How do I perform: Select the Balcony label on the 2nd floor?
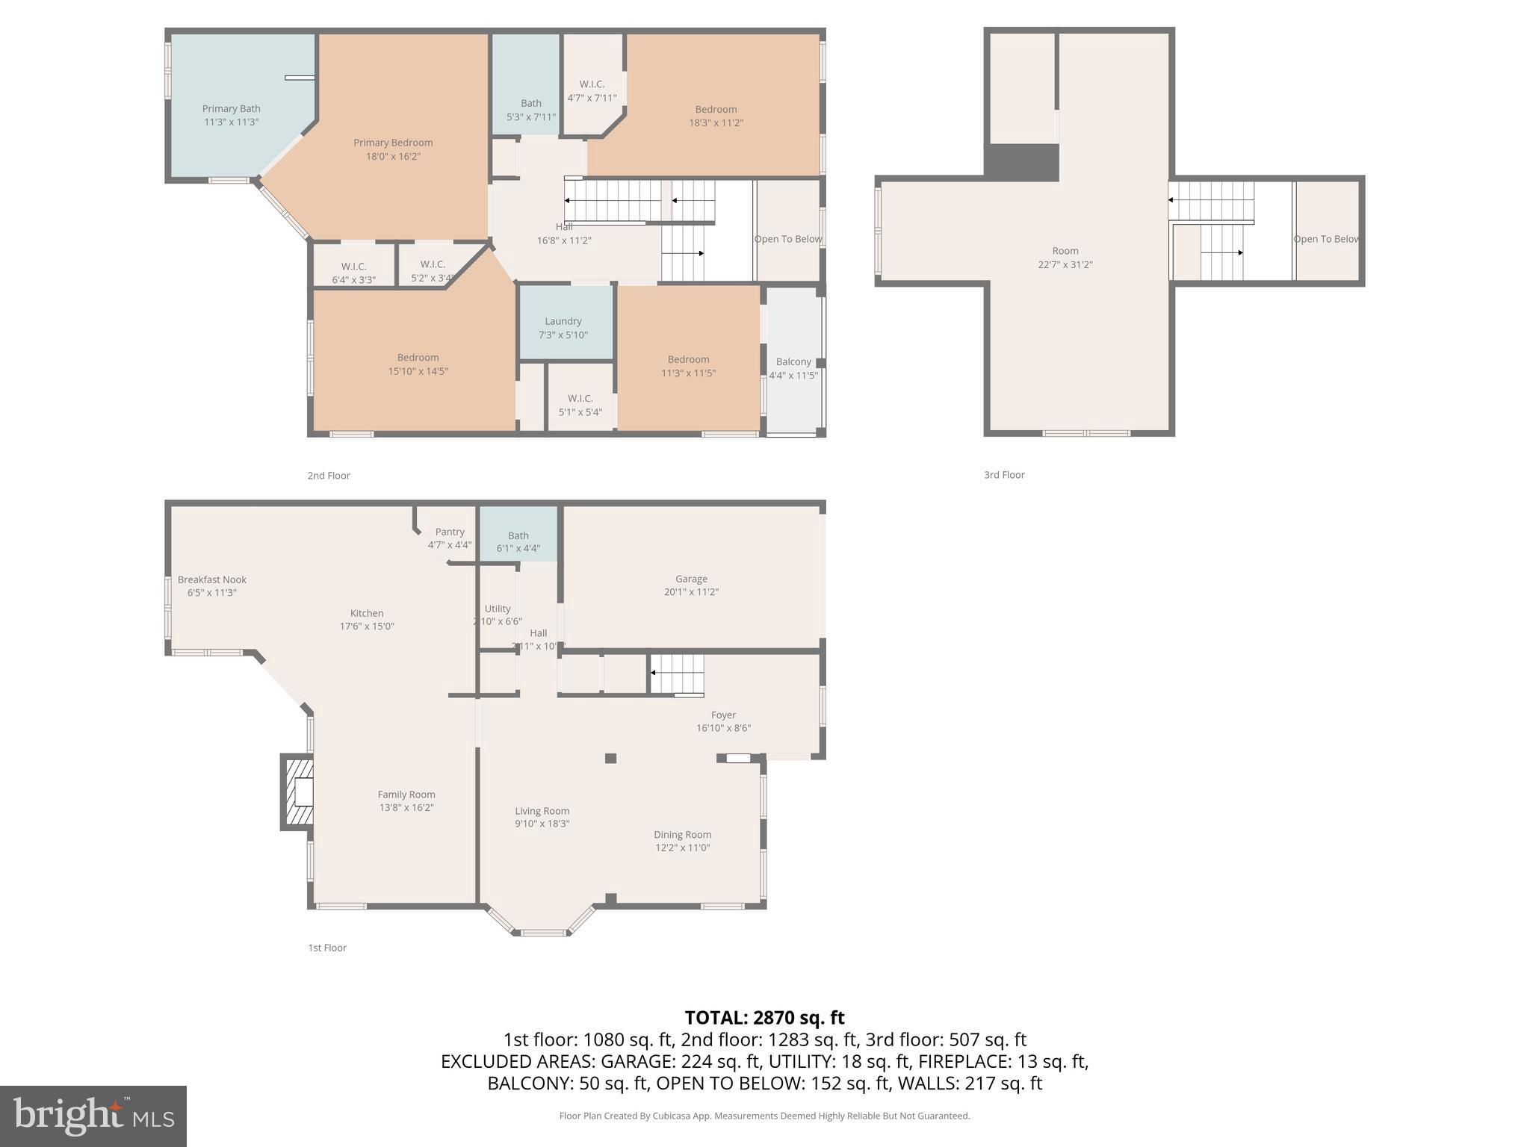click(x=793, y=362)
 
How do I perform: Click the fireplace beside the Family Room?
click(x=298, y=792)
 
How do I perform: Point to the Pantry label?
click(x=450, y=532)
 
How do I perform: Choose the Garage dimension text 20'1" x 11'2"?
click(x=691, y=592)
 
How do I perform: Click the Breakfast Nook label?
click(x=212, y=579)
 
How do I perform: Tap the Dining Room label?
click(x=682, y=835)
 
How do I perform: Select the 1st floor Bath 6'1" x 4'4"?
click(x=518, y=541)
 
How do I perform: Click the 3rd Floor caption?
click(x=1004, y=475)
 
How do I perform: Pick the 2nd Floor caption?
click(x=329, y=476)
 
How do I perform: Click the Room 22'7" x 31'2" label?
click(x=1065, y=258)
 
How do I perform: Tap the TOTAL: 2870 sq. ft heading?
click(x=764, y=1018)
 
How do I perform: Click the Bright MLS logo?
click(x=93, y=1116)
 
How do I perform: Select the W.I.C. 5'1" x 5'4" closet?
click(x=580, y=405)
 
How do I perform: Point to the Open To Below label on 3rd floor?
click(x=1326, y=239)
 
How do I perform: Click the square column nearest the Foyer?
click(x=610, y=759)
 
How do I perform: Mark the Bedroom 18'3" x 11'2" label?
click(x=716, y=116)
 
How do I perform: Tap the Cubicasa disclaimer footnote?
click(x=764, y=1116)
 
